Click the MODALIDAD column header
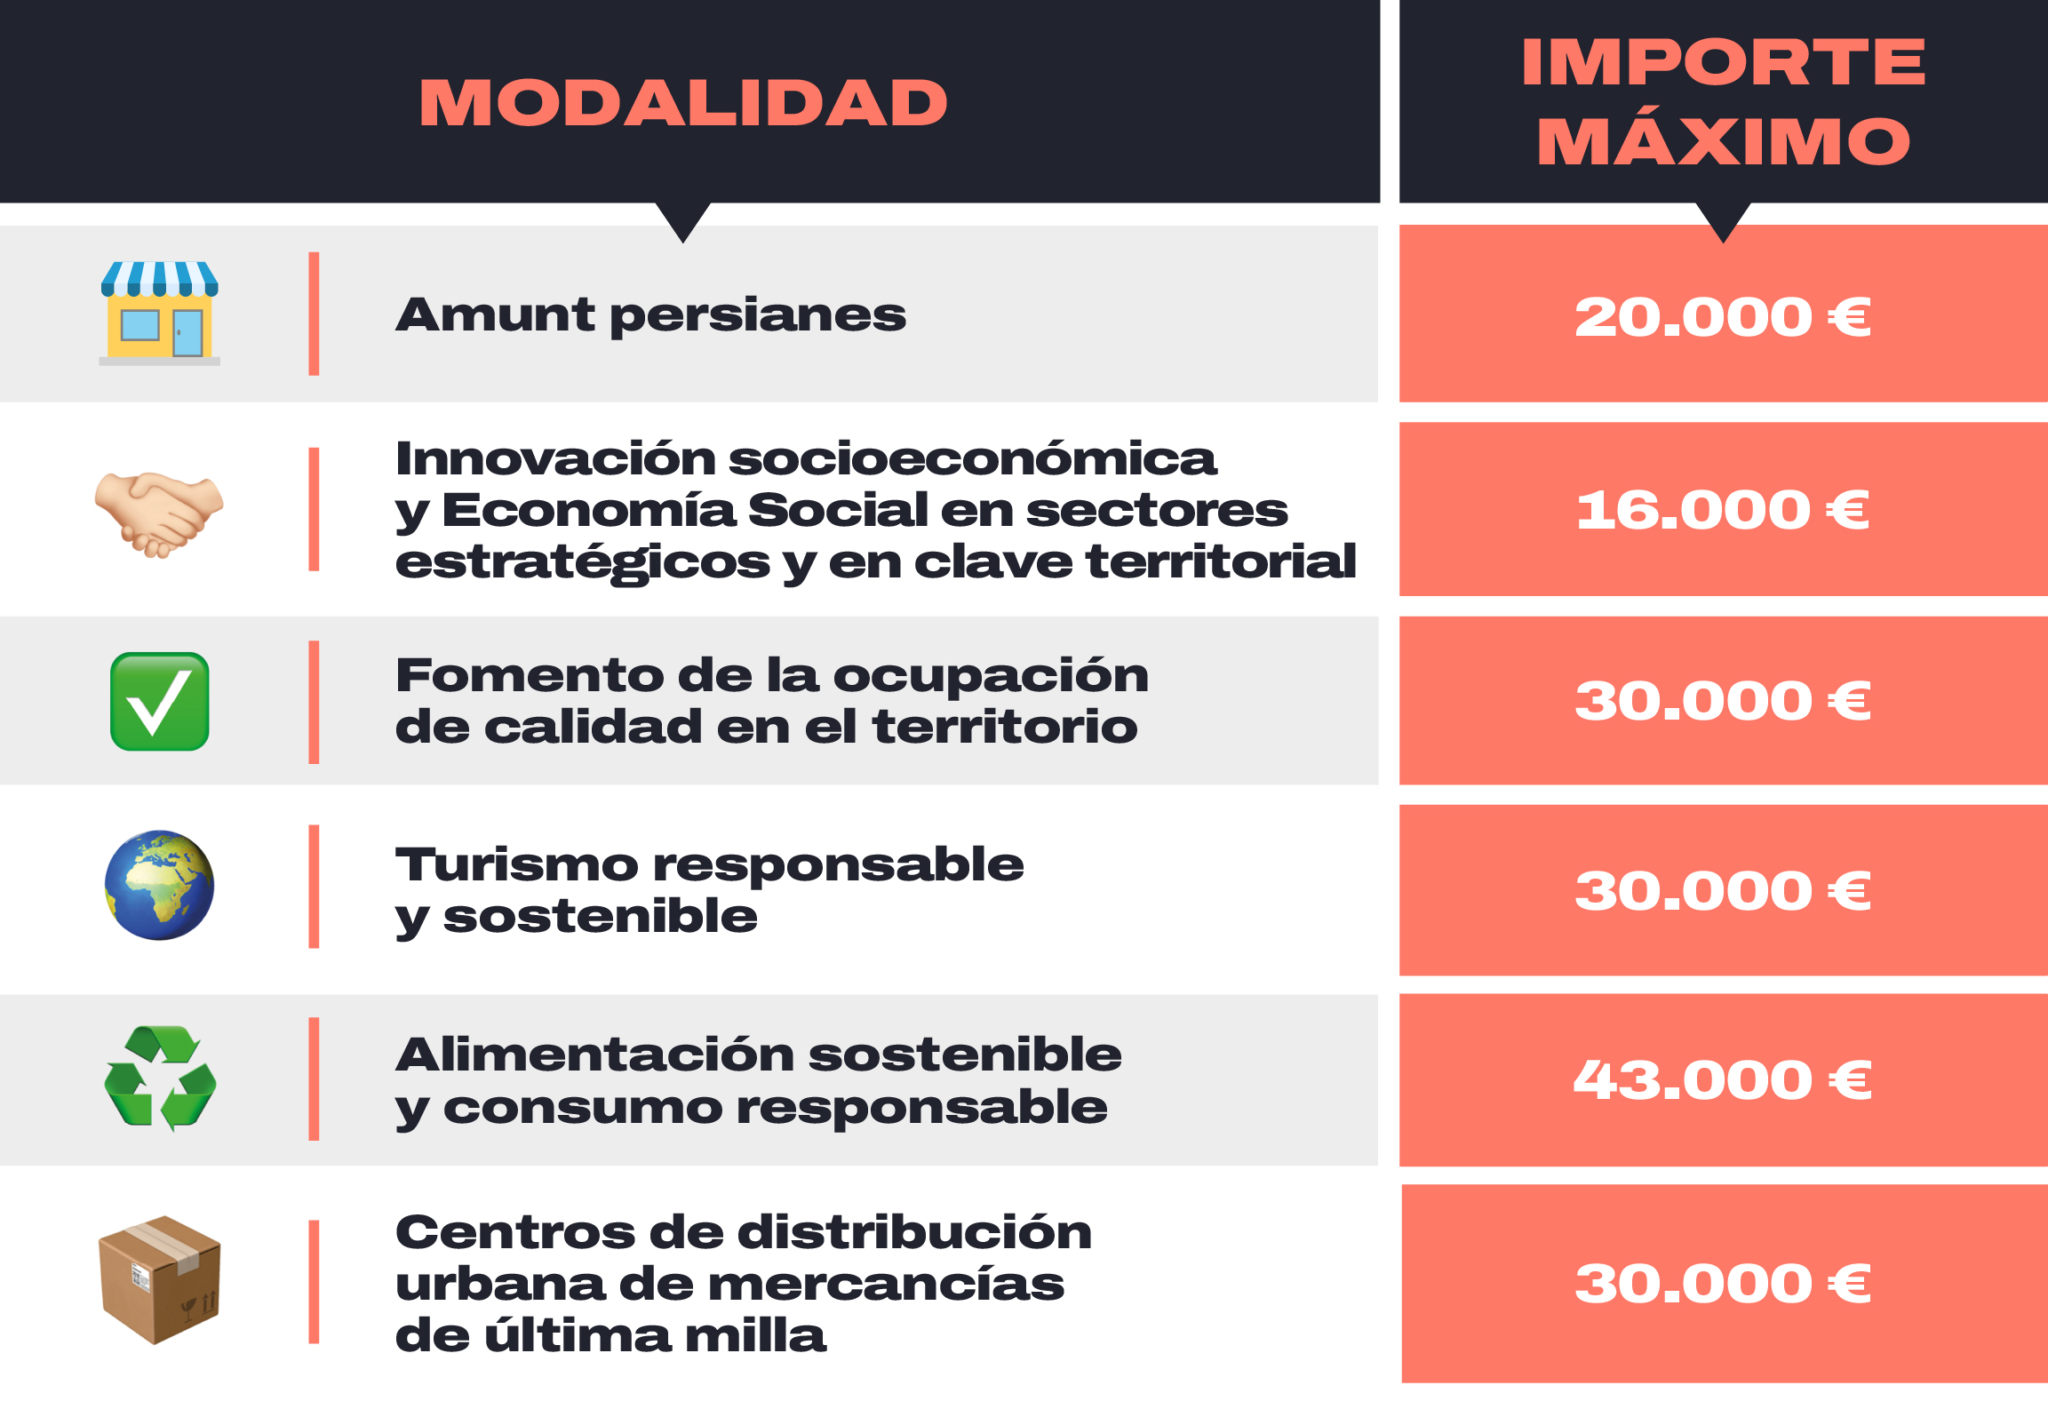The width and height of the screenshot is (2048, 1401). pyautogui.click(x=683, y=103)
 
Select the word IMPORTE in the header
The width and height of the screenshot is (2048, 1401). pyautogui.click(x=1723, y=62)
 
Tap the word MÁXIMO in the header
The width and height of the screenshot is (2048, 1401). pyautogui.click(x=1723, y=140)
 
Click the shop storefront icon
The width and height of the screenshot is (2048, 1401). pyautogui.click(x=160, y=314)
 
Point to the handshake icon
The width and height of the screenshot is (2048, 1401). pyautogui.click(x=160, y=513)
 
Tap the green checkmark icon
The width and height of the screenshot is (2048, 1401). pyautogui.click(x=160, y=702)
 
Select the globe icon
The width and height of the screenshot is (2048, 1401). pyautogui.click(x=160, y=885)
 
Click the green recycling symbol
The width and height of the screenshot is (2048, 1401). pyautogui.click(x=160, y=1078)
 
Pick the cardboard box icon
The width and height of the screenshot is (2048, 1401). pyautogui.click(x=160, y=1280)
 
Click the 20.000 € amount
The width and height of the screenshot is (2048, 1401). pyautogui.click(x=1723, y=316)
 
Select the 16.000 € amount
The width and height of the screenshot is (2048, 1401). pyautogui.click(x=1723, y=510)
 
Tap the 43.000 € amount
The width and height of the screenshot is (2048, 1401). pyautogui.click(x=1723, y=1080)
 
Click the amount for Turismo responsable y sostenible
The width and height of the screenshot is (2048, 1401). pyautogui.click(x=1723, y=891)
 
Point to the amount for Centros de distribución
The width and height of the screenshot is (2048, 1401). pyautogui.click(x=1723, y=1284)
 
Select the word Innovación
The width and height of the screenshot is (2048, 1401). pyautogui.click(x=556, y=458)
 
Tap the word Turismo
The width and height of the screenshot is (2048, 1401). pyautogui.click(x=517, y=865)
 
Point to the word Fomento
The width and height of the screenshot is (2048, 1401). pyautogui.click(x=530, y=676)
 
